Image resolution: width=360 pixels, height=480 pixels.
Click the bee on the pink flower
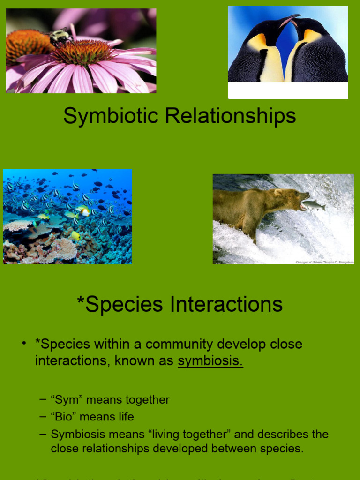pyautogui.click(x=60, y=37)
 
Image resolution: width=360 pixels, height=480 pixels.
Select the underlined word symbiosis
pyautogui.click(x=210, y=360)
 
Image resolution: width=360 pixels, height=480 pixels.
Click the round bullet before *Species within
pyautogui.click(x=24, y=344)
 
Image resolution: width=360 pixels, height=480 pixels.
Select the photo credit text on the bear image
pyautogui.click(x=324, y=262)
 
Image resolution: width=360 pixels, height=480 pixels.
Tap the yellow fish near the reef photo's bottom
pyautogui.click(x=75, y=235)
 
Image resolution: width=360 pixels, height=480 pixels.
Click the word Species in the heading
pyautogui.click(x=124, y=304)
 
